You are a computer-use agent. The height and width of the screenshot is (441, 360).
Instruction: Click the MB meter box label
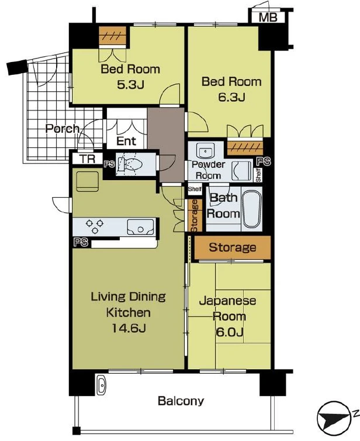268,18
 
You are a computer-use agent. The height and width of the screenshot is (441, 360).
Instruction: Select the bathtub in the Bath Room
251,209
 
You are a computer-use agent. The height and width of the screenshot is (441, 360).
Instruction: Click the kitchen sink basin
140,227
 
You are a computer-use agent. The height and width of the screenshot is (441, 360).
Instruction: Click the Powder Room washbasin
206,151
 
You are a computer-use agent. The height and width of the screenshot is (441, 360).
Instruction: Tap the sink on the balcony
102,385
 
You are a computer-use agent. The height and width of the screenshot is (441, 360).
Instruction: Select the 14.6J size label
129,328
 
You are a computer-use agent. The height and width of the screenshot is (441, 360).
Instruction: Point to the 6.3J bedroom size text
231,97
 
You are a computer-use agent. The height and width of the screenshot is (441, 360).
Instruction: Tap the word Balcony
181,401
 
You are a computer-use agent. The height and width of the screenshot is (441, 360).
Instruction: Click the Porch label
63,129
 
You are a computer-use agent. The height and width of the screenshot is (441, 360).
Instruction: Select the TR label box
88,159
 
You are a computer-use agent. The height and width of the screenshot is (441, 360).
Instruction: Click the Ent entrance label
126,141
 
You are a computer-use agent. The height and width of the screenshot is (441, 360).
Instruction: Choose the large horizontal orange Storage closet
233,247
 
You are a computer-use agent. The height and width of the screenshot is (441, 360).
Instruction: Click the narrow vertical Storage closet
195,216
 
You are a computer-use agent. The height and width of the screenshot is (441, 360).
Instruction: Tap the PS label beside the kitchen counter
81,243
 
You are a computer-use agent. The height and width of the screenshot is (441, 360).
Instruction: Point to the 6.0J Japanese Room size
229,332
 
